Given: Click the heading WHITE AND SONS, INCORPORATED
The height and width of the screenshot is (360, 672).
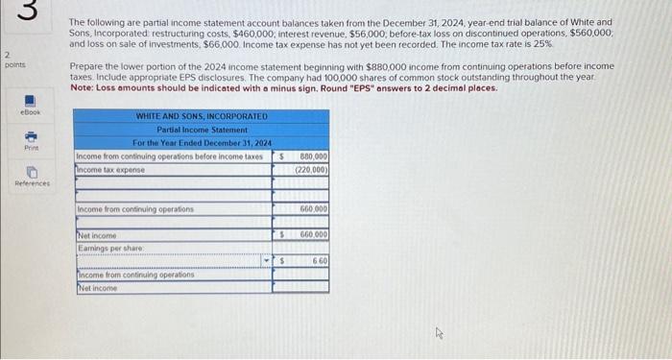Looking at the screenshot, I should pos(202,116).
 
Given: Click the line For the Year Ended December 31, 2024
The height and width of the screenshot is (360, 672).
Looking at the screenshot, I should pos(202,142).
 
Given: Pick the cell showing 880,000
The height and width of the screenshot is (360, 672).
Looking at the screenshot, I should pos(313,156).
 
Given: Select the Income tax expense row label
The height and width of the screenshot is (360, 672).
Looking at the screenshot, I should pos(111,169).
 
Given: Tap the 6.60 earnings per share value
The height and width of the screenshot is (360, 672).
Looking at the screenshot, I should pos(320,260).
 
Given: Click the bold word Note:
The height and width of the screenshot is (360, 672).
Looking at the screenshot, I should pos(83,87).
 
